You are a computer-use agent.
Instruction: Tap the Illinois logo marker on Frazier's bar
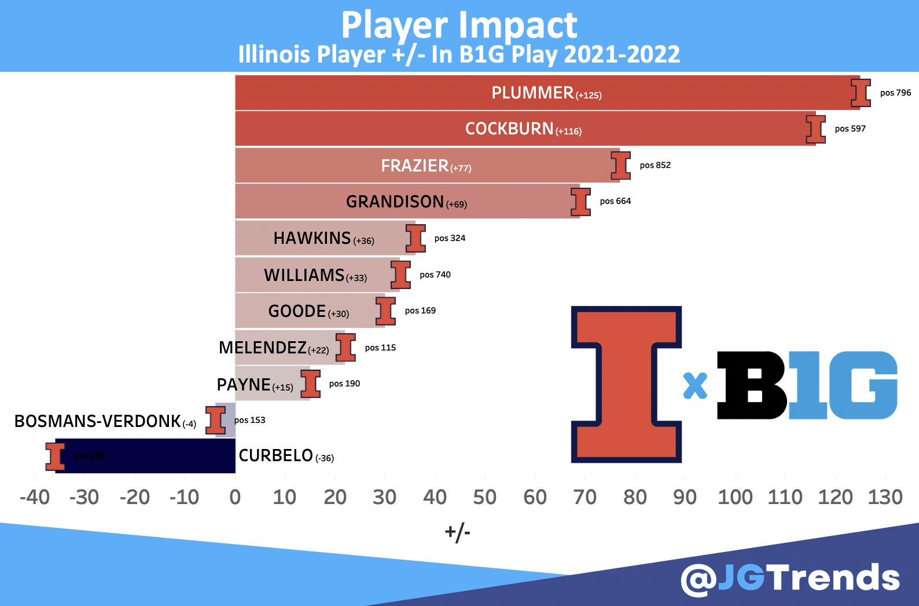620,166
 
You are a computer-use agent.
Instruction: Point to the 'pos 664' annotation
615,201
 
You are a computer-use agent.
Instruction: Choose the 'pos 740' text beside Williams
435,275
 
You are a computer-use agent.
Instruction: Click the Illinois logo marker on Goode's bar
385,311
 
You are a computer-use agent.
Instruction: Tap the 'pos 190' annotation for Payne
344,384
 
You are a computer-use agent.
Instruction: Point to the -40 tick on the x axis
35,497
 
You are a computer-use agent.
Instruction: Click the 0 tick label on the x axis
235,497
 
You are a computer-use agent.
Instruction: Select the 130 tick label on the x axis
885,497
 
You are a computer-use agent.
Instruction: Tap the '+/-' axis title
457,532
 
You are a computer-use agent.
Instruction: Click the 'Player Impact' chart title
459,25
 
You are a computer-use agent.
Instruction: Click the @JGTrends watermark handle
790,578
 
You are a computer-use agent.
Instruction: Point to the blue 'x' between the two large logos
695,385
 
